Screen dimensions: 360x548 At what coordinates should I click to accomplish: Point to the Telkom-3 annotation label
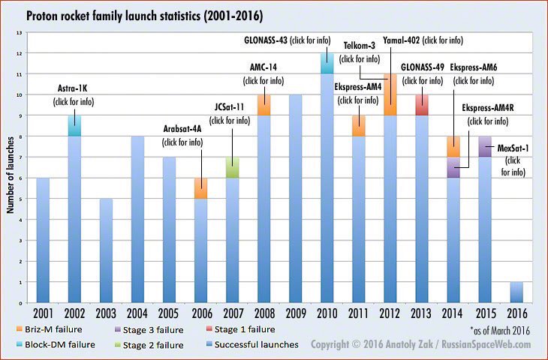click(x=359, y=46)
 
